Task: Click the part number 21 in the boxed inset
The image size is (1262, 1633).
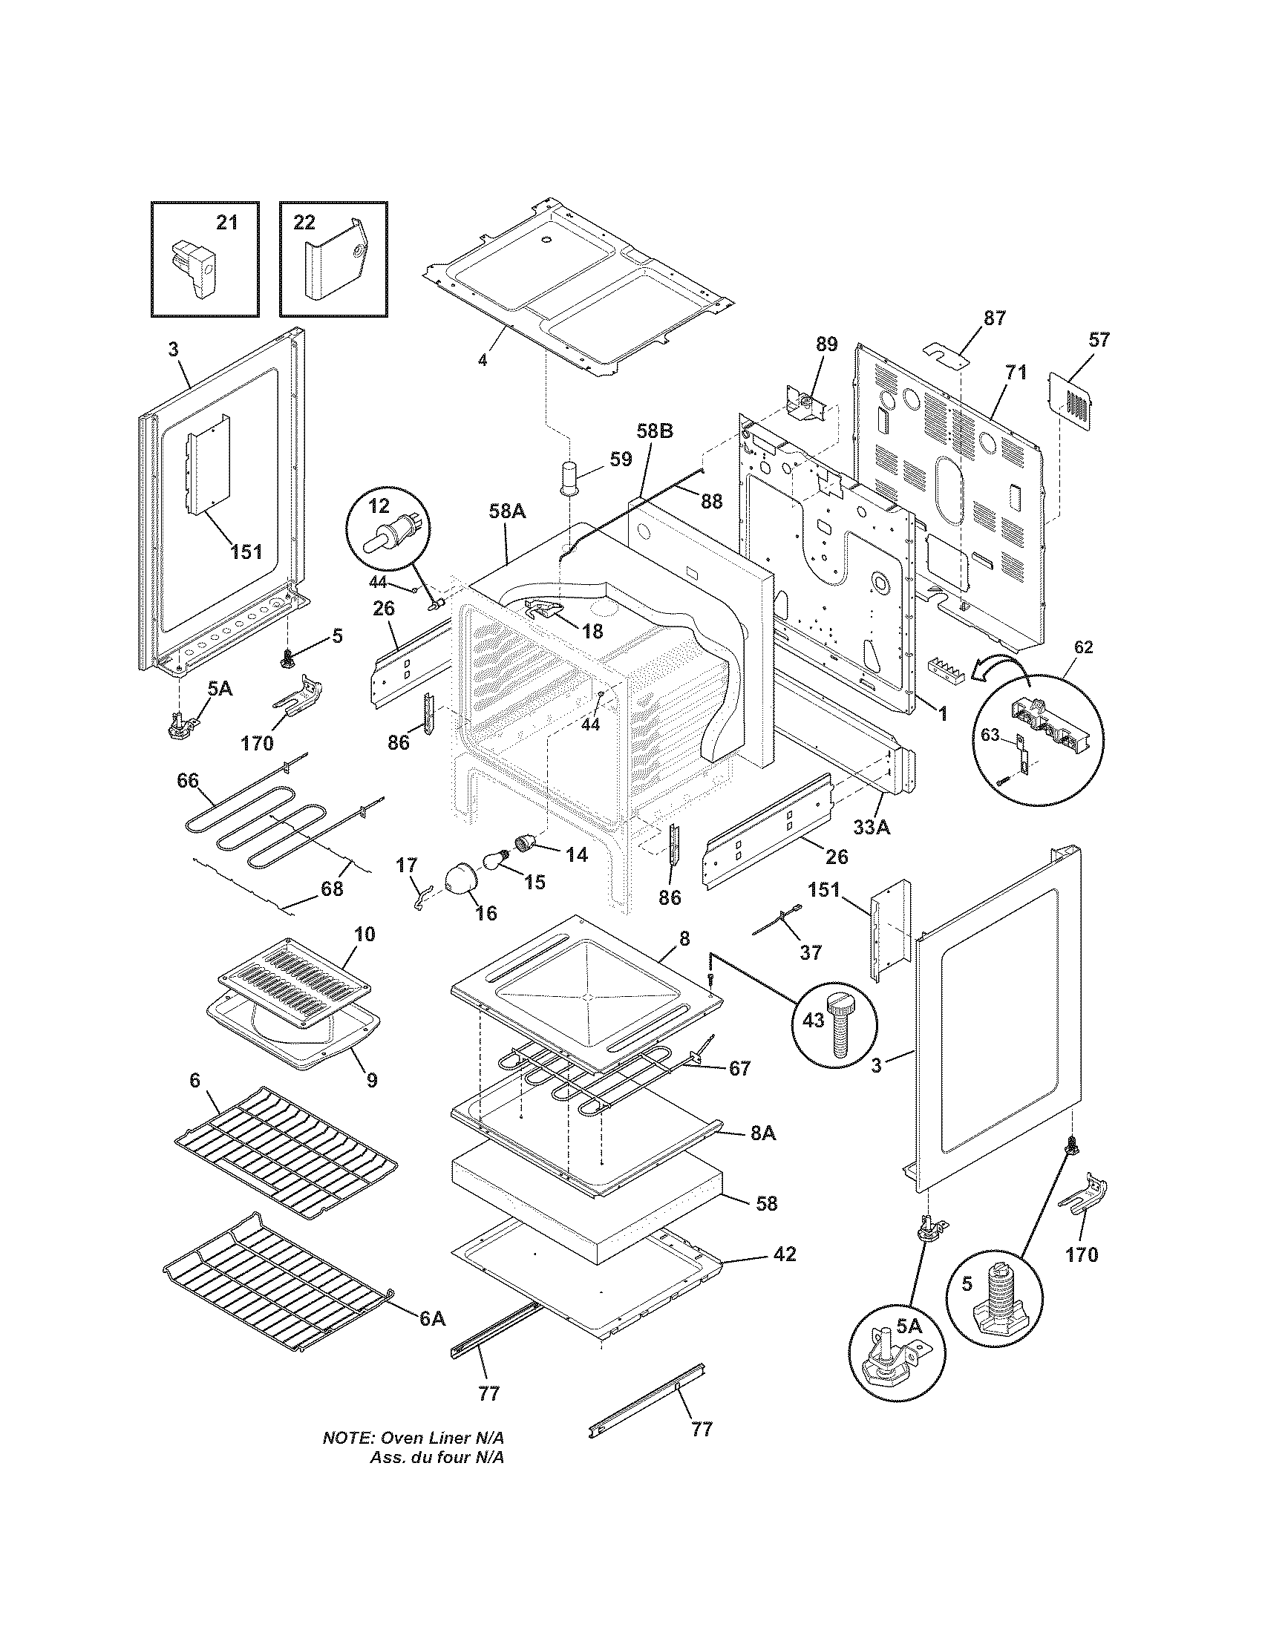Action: [226, 222]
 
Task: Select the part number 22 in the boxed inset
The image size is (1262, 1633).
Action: [304, 222]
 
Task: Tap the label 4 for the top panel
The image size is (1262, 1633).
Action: [483, 360]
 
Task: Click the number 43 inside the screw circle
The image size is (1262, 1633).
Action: [814, 1020]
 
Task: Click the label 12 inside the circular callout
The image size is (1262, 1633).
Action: [379, 506]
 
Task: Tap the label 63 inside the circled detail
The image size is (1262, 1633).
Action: [990, 736]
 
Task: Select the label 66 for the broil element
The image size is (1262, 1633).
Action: [188, 781]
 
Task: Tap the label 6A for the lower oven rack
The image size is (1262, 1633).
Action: [431, 1319]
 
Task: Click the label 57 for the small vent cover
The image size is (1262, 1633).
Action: [1099, 340]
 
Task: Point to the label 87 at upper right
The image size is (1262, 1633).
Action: [994, 318]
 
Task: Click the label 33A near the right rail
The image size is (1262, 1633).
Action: [872, 828]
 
